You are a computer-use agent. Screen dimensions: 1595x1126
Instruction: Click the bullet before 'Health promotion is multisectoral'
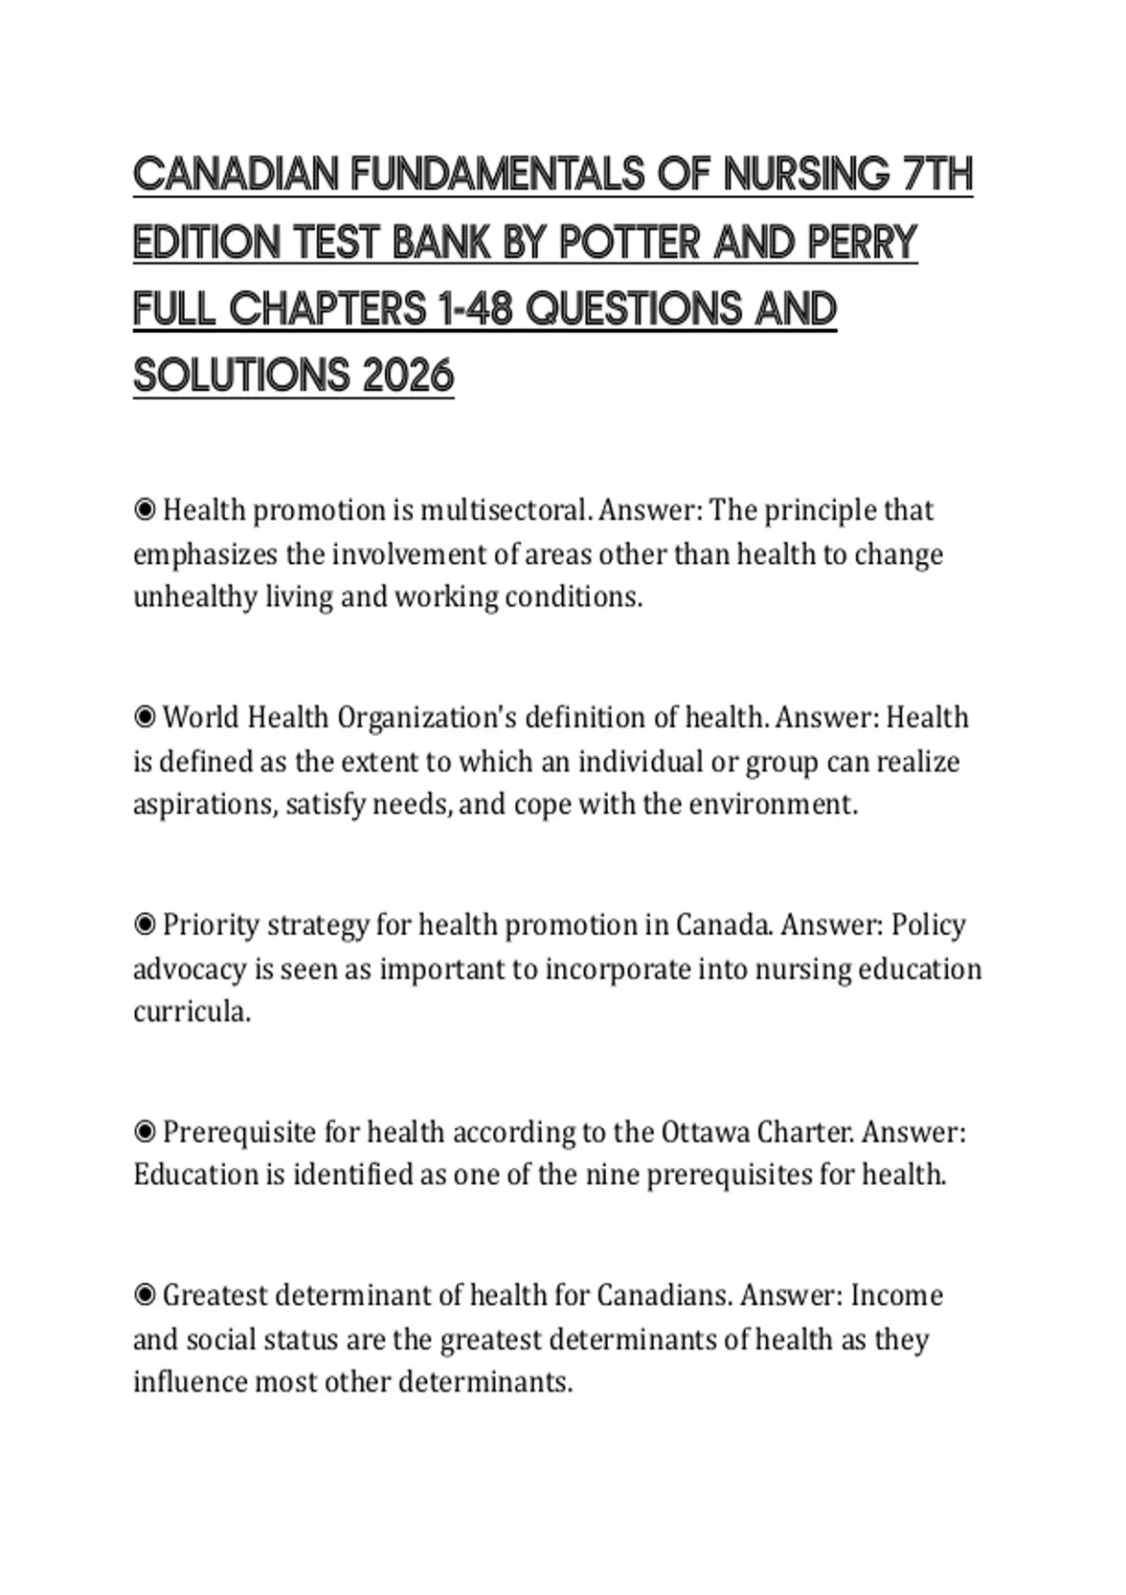[x=145, y=510]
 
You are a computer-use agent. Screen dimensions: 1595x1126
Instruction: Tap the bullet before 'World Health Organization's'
[x=145, y=718]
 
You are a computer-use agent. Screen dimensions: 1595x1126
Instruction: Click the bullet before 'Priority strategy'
[x=145, y=925]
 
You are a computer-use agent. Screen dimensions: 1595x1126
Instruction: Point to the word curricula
[x=191, y=1012]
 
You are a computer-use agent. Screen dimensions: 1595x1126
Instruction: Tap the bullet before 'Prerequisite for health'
[x=145, y=1132]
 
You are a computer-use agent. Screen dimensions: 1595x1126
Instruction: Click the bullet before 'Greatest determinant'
[x=145, y=1296]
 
